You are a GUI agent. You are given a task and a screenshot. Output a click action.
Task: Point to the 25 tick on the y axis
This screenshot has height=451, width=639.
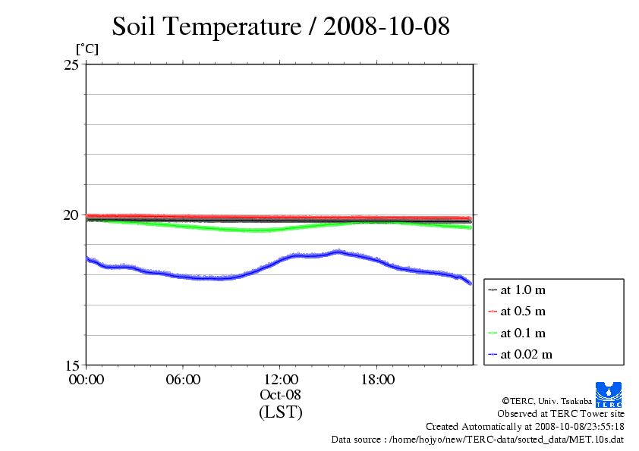[71, 64]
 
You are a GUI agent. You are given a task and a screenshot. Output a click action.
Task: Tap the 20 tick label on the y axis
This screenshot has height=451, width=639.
[71, 215]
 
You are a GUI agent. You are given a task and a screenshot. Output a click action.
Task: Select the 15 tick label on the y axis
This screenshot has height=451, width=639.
[71, 365]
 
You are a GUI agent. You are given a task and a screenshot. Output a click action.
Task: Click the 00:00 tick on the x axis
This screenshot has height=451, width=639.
[86, 379]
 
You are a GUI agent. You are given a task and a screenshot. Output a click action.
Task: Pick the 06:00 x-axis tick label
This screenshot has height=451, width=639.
[183, 379]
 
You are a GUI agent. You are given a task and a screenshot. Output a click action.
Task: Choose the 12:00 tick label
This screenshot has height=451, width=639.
[280, 379]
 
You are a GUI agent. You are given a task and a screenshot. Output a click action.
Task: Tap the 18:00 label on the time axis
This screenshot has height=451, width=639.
[377, 379]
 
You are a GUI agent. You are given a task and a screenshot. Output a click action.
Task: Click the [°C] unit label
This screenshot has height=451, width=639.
[86, 49]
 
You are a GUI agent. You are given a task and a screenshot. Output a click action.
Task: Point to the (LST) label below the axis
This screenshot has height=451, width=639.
[280, 412]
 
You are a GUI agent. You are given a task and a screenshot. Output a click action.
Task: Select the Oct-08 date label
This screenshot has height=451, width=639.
[280, 394]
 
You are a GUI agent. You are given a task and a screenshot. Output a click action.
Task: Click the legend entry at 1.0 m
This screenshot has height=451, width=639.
[523, 290]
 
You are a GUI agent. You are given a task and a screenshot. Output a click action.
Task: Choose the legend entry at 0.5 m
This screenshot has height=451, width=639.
[523, 312]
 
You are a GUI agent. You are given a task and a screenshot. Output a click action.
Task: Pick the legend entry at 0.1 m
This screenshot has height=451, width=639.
[523, 333]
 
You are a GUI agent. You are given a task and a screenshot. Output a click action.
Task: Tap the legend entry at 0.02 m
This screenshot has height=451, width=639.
[526, 354]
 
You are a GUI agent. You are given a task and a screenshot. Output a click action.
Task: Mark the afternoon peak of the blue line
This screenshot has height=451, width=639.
[338, 252]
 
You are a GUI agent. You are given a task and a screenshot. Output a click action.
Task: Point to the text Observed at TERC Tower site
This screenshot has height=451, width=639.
[561, 414]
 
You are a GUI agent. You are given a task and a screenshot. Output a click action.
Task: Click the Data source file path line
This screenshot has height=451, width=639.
[477, 439]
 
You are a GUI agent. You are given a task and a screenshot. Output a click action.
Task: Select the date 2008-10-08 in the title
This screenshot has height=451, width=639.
[386, 27]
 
